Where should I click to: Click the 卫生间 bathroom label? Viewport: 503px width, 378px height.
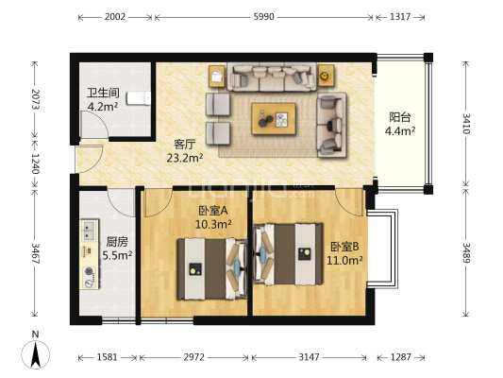click(x=103, y=94)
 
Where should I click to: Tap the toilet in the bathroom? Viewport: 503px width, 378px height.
click(x=139, y=98)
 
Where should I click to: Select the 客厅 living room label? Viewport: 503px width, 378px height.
click(x=184, y=145)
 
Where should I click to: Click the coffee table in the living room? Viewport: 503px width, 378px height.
click(x=274, y=118)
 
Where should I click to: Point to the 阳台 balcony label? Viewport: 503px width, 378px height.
click(x=400, y=117)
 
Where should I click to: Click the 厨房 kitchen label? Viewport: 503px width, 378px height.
click(x=117, y=242)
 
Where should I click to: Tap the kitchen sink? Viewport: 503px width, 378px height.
click(x=89, y=230)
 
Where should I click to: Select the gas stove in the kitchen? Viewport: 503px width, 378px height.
click(x=90, y=277)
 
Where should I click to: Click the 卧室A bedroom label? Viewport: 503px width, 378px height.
click(x=213, y=211)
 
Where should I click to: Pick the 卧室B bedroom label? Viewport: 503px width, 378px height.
click(x=344, y=247)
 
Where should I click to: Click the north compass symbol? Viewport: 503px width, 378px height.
click(x=35, y=354)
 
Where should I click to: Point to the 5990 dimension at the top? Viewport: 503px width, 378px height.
click(x=263, y=17)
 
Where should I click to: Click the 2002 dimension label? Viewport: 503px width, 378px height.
click(x=115, y=17)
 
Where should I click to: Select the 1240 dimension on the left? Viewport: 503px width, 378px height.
click(x=35, y=163)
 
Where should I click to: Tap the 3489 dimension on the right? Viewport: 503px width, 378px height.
click(x=466, y=252)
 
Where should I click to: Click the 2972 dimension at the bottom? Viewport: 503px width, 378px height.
click(x=193, y=357)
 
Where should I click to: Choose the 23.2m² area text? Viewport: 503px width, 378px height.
click(x=185, y=158)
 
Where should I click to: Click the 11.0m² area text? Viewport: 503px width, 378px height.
click(x=344, y=260)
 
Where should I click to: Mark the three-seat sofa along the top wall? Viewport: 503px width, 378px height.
click(x=272, y=77)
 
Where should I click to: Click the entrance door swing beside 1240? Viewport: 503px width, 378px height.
click(x=90, y=158)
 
